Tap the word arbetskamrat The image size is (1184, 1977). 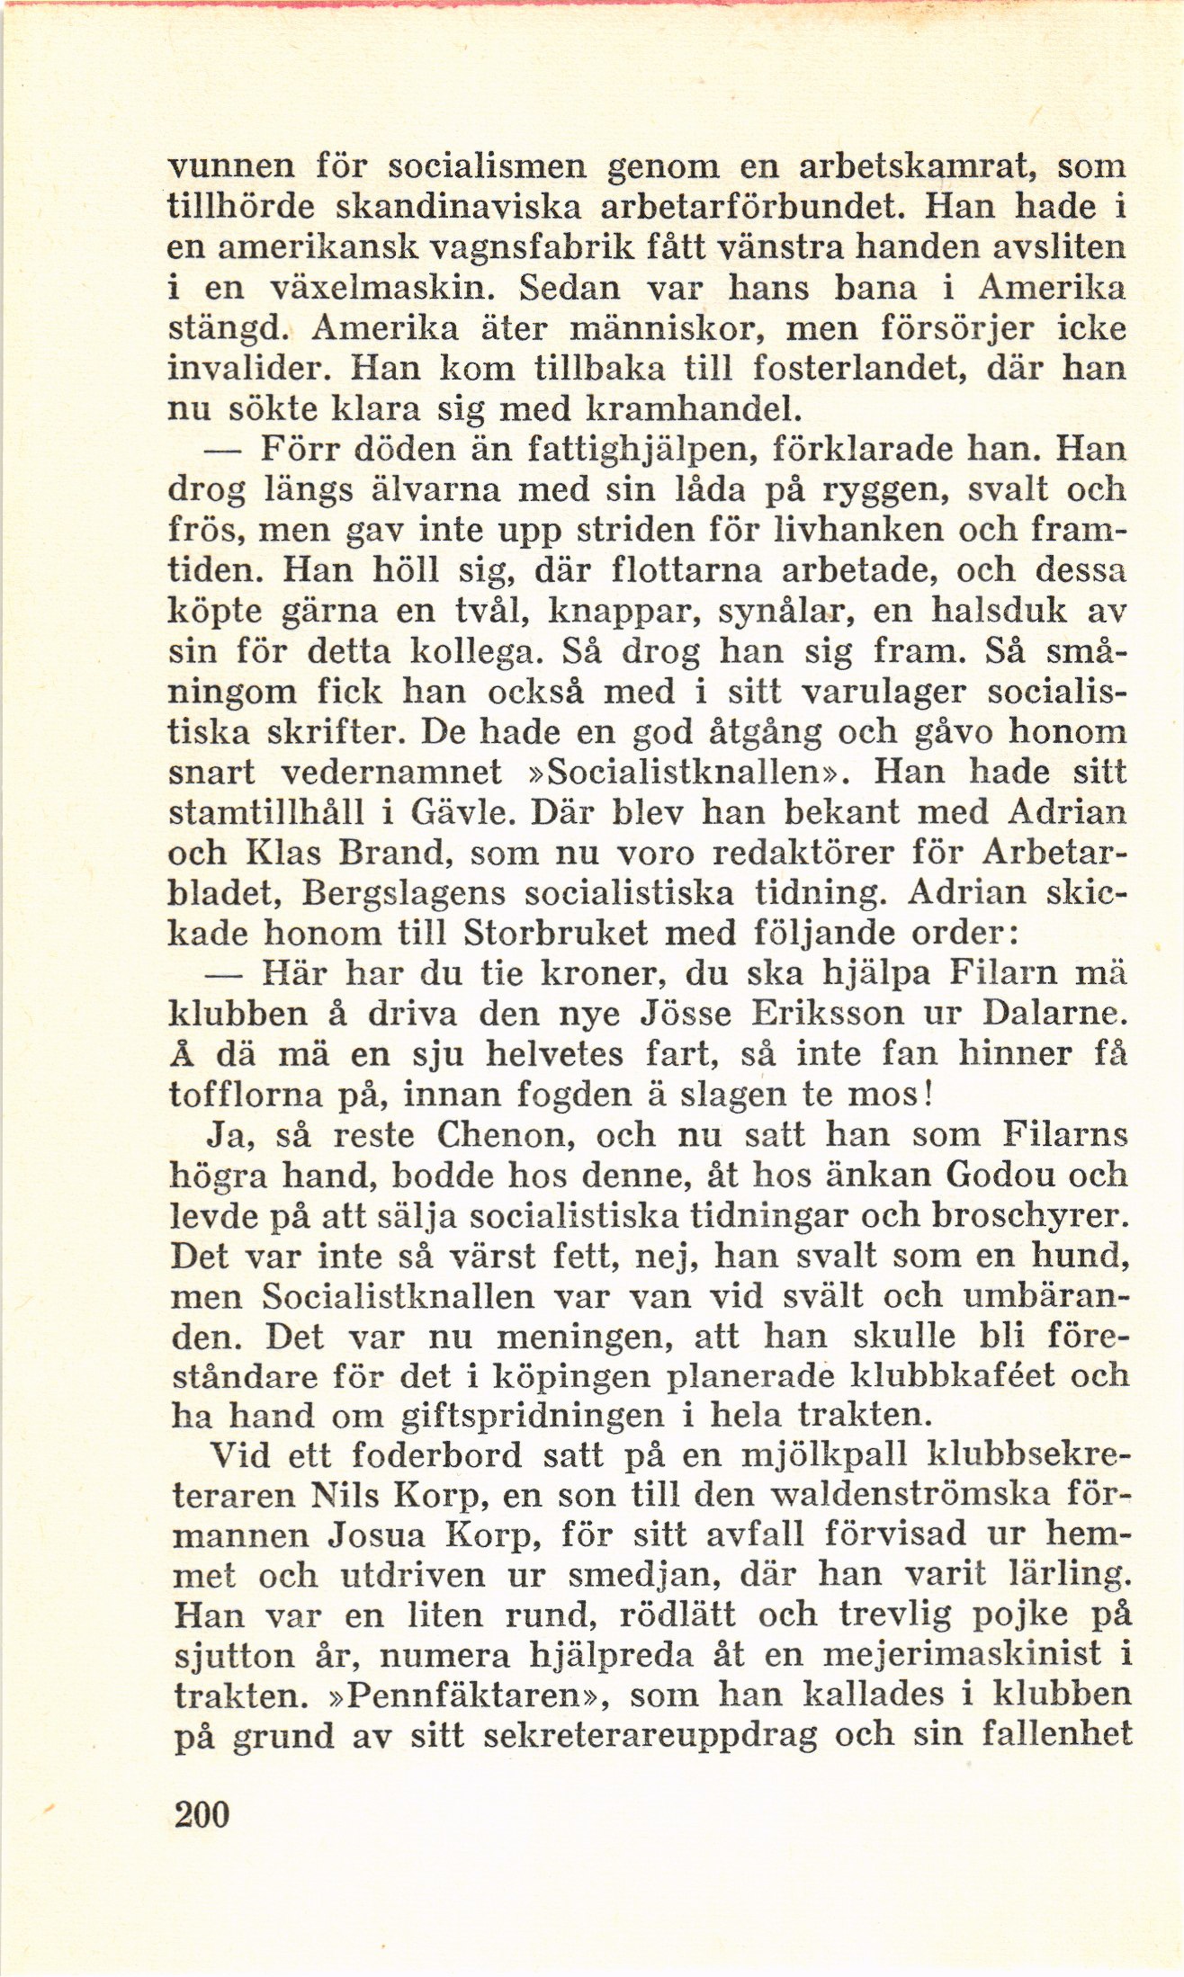coord(909,168)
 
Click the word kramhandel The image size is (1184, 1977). coord(692,410)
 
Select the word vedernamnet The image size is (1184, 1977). coord(390,774)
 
